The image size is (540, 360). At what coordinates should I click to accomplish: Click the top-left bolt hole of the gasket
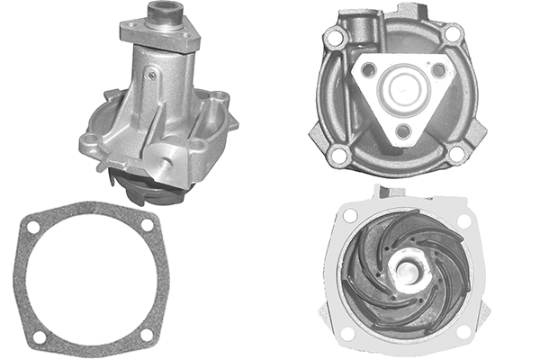click(33, 228)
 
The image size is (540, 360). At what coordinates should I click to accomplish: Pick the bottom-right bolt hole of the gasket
click(146, 335)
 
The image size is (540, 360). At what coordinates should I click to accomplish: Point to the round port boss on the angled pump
click(166, 159)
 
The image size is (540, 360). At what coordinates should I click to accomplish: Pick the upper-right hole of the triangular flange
click(438, 69)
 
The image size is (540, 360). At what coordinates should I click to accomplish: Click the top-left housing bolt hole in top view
click(336, 40)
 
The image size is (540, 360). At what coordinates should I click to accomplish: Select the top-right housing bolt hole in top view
click(453, 33)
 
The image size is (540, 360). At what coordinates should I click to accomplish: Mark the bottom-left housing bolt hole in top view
click(339, 155)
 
